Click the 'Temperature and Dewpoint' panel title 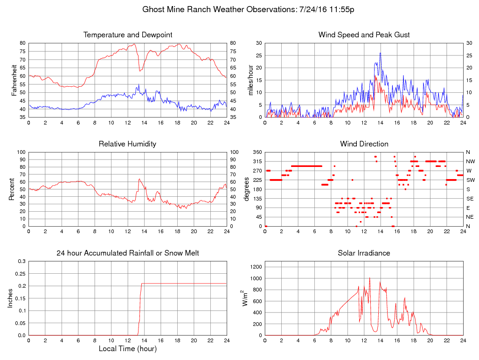128,35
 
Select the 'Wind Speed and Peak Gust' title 364,35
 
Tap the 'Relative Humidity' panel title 127,144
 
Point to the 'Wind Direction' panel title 364,144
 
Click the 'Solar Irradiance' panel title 364,253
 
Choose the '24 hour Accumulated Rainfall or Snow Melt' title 128,253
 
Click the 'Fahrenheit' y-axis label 14,80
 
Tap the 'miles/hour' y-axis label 250,80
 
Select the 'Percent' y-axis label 11,189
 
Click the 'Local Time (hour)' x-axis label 127,349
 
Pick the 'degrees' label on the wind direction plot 247,189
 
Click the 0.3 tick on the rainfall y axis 21,261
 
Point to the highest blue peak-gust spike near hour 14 381,53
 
